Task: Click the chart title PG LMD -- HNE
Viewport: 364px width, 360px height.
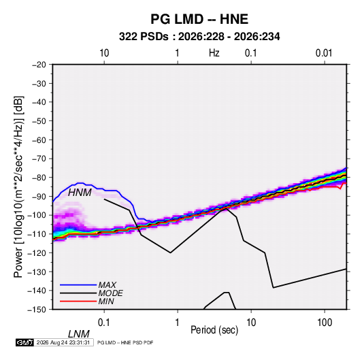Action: (199, 19)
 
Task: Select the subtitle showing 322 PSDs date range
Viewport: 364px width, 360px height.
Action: (199, 37)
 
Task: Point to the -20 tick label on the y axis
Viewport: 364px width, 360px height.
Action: (39, 65)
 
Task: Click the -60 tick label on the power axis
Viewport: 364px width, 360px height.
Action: (39, 140)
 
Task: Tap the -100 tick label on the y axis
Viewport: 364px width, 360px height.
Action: (37, 215)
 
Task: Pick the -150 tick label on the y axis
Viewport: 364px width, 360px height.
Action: (37, 310)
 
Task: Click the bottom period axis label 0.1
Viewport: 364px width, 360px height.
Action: (103, 323)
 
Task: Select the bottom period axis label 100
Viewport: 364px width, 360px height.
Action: (325, 323)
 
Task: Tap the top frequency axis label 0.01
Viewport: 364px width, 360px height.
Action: (324, 53)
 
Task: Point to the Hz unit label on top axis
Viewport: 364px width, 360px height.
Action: (214, 53)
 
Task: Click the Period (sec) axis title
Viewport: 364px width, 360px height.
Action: (214, 330)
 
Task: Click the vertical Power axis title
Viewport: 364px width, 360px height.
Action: (18, 186)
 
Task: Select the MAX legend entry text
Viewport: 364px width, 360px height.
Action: (107, 285)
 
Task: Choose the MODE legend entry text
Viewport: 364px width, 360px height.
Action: (110, 293)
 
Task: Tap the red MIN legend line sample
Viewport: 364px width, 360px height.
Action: (78, 301)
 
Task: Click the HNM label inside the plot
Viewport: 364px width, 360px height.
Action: (80, 193)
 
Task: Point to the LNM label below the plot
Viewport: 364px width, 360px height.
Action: (78, 334)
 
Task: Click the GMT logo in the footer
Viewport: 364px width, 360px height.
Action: (25, 342)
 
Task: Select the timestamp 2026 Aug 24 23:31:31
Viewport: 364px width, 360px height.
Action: (63, 342)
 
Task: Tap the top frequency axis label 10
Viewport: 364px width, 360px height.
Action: (104, 53)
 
